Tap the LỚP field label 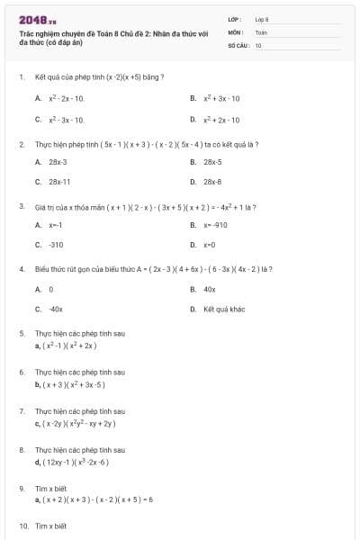pos(235,18)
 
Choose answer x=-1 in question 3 pos(56,225)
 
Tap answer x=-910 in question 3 pos(214,225)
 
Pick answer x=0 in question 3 pos(210,244)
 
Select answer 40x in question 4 pos(210,289)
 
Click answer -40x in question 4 pos(56,308)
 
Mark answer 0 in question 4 pos(51,289)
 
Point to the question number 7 pos(22,410)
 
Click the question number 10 pos(23,526)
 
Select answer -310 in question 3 pos(56,244)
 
